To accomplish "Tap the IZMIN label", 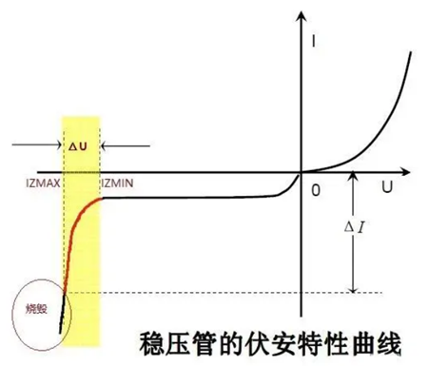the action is coord(118,181).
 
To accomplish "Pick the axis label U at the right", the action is coord(388,187).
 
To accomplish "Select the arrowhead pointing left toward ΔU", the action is coord(103,145).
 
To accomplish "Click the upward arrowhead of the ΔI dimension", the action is coord(352,178).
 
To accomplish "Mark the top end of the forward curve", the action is coord(411,48).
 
